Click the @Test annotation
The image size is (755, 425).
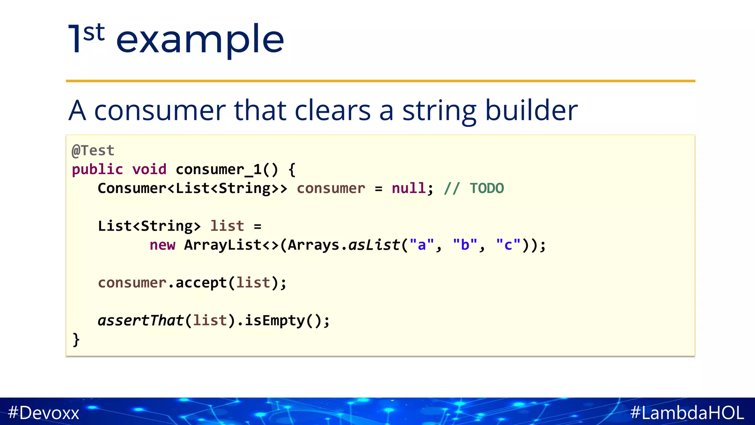93,151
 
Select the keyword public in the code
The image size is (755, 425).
97,169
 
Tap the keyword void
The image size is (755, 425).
149,169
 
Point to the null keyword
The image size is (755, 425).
408,188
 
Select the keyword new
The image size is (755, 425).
162,245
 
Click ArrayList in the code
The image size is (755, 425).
223,245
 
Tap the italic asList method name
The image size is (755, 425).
374,245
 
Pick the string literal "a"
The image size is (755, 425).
422,245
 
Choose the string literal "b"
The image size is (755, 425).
465,245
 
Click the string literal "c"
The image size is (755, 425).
508,245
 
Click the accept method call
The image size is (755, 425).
201,283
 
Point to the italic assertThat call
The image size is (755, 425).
140,320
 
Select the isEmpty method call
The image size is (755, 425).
275,320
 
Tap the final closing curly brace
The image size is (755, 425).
76,339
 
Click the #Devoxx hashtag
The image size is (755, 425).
44,412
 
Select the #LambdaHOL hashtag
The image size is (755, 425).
687,412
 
